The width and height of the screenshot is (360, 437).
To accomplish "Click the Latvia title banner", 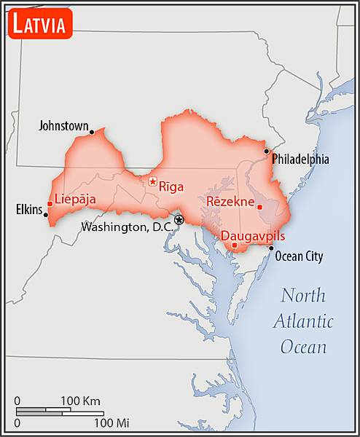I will pyautogui.click(x=40, y=24).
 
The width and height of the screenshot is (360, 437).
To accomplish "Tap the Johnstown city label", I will pyautogui.click(x=63, y=126).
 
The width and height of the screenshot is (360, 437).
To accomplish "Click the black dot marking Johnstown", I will pyautogui.click(x=92, y=132).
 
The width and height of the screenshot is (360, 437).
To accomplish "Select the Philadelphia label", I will pyautogui.click(x=300, y=159).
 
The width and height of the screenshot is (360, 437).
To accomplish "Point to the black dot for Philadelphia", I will pyautogui.click(x=267, y=151).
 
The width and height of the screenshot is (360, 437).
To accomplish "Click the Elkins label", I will pyautogui.click(x=29, y=210).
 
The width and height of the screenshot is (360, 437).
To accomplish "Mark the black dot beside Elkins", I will pyautogui.click(x=46, y=215).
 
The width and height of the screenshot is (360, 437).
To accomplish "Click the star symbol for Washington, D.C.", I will pyautogui.click(x=179, y=219).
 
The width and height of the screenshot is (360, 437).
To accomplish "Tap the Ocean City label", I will pyautogui.click(x=299, y=256).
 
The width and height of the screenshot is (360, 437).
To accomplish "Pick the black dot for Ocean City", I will pyautogui.click(x=271, y=248).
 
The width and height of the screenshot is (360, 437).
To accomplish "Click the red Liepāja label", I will pyautogui.click(x=75, y=199).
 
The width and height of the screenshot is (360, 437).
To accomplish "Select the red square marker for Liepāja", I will pyautogui.click(x=50, y=204).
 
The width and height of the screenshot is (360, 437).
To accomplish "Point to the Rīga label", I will pyautogui.click(x=171, y=186).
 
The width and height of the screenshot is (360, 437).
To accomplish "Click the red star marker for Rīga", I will pyautogui.click(x=152, y=181).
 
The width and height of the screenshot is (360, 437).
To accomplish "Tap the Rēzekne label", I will pyautogui.click(x=230, y=200).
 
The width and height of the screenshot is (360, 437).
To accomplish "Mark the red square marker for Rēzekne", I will pyautogui.click(x=259, y=207).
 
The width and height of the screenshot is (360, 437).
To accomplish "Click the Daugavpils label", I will pyautogui.click(x=252, y=236).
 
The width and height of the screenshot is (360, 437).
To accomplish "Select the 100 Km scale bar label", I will pyautogui.click(x=80, y=401).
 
